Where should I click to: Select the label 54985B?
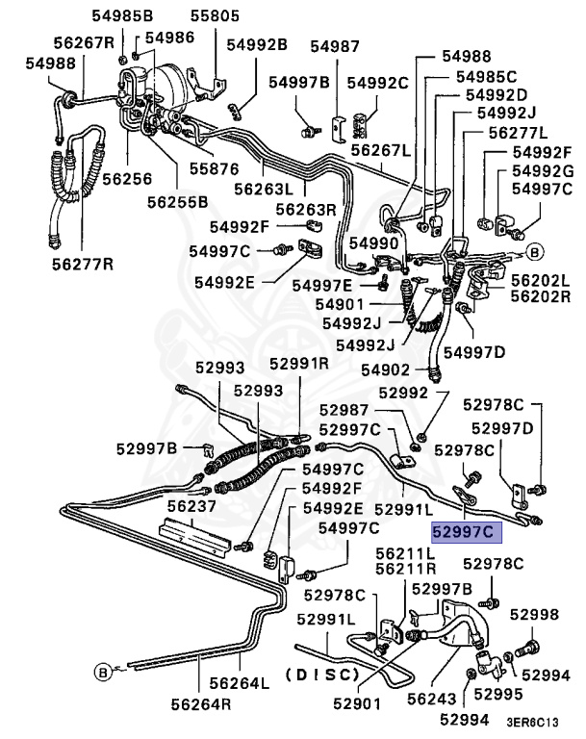point(96,16)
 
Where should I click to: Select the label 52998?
point(534,614)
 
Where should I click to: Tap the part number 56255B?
point(177,202)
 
